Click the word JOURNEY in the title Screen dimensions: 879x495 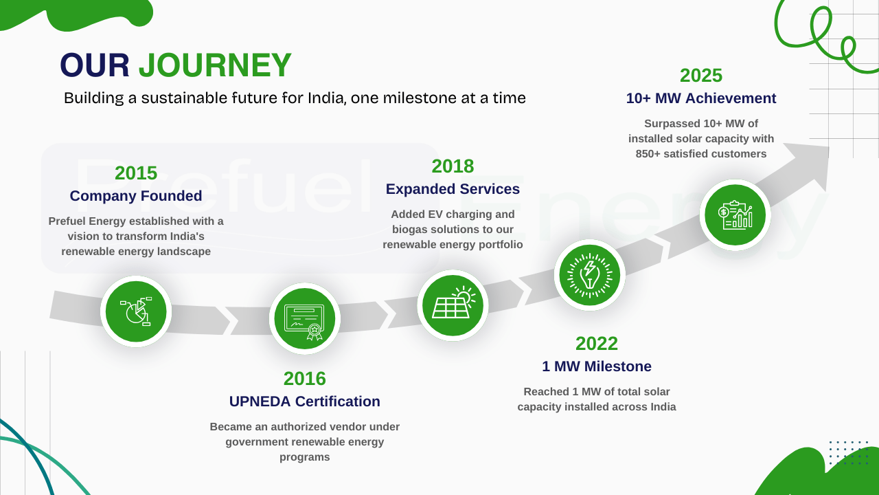[x=215, y=65]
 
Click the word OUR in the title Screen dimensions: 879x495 [x=95, y=65]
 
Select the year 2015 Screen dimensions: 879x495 [x=136, y=173]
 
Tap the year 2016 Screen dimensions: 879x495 [x=304, y=379]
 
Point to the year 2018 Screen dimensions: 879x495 [x=453, y=166]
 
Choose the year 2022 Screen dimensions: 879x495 [x=597, y=344]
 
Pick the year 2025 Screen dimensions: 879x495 [x=701, y=76]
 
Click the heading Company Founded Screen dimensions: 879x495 [x=136, y=196]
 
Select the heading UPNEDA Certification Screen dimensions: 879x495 [x=304, y=401]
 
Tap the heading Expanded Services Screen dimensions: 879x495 [x=453, y=189]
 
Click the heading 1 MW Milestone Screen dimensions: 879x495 [x=597, y=366]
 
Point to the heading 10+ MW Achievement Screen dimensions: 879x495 [x=701, y=98]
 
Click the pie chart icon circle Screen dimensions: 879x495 [x=136, y=311]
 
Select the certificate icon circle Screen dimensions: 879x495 [x=304, y=318]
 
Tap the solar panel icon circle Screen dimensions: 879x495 [x=453, y=305]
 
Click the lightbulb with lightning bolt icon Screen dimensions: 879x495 [x=589, y=275]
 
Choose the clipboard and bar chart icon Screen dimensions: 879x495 [x=735, y=215]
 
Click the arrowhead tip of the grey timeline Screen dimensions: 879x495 [x=829, y=147]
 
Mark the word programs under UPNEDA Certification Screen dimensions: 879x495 [x=304, y=457]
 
